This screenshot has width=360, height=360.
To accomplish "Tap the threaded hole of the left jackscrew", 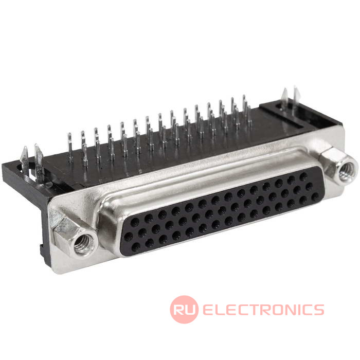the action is coord(83,244).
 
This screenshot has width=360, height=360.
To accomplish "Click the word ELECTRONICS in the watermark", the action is coord(263,310).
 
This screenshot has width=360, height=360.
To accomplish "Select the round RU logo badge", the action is coord(184,310).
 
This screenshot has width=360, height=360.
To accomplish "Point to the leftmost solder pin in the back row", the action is coord(70,148).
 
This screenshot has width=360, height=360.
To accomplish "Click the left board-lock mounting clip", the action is coord(32,160).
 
